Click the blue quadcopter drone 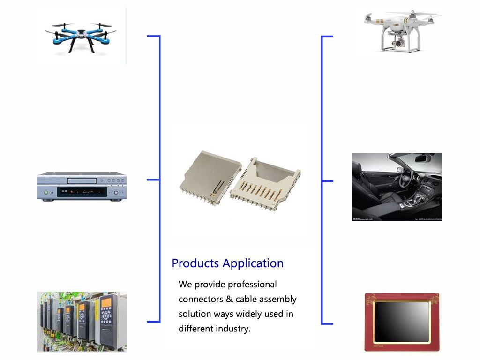(x=81, y=35)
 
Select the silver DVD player (x=82, y=187)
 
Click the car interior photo (x=397, y=187)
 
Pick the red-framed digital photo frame (x=402, y=322)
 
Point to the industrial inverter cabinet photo (x=82, y=322)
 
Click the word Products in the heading (x=195, y=263)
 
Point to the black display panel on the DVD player (x=82, y=192)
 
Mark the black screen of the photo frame (x=402, y=322)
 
